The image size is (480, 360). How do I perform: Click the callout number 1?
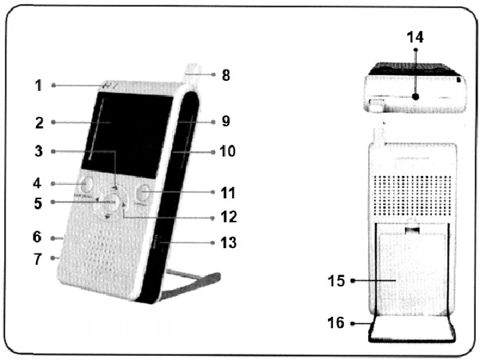tap(38, 86)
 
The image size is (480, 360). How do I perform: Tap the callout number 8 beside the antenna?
tap(226, 75)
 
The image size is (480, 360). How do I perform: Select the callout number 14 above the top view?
tap(415, 38)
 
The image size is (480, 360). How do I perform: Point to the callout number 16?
tap(336, 322)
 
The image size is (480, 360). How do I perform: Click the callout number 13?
tap(228, 242)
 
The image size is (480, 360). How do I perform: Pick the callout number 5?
tap(38, 203)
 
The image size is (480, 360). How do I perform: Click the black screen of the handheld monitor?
tap(127, 134)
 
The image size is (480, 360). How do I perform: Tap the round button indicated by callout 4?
tap(86, 184)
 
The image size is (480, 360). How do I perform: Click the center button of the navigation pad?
tap(111, 202)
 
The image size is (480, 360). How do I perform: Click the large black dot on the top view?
tap(415, 97)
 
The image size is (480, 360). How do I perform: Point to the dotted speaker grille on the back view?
tap(412, 196)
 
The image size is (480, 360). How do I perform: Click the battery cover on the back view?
tap(412, 274)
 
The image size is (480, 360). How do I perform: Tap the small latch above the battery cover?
tap(412, 230)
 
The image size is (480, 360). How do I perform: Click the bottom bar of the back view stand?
tap(412, 340)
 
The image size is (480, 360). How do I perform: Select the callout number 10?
tap(227, 151)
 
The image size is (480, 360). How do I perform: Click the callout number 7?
tap(38, 259)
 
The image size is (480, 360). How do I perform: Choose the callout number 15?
tap(336, 281)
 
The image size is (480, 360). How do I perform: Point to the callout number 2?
tap(39, 123)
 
